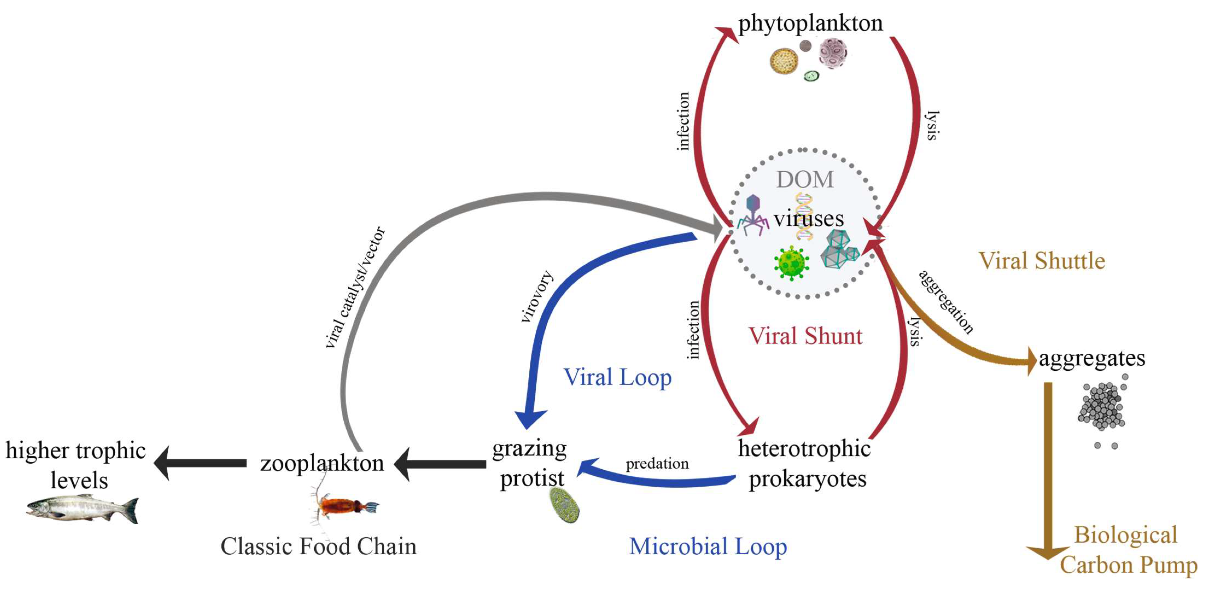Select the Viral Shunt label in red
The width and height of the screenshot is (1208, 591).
tap(805, 336)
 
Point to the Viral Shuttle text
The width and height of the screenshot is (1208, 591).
tap(1042, 261)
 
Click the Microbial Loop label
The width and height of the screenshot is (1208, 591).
tap(708, 546)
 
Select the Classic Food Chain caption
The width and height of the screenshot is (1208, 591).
tap(318, 546)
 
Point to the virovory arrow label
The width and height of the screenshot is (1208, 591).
tap(537, 296)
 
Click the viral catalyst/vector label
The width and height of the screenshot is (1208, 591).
tap(355, 288)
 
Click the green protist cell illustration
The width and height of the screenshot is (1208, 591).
tap(564, 505)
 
